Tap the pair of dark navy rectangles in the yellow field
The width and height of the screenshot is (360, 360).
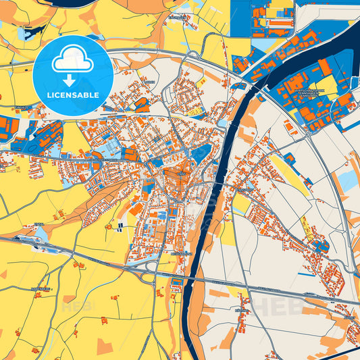pyautogui.click(x=120, y=226)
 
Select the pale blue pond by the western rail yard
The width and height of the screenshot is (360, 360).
pyautogui.click(x=41, y=234)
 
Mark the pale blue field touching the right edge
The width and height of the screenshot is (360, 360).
pyautogui.click(x=348, y=180)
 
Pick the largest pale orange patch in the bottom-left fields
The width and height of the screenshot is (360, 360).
pyautogui.click(x=105, y=346)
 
